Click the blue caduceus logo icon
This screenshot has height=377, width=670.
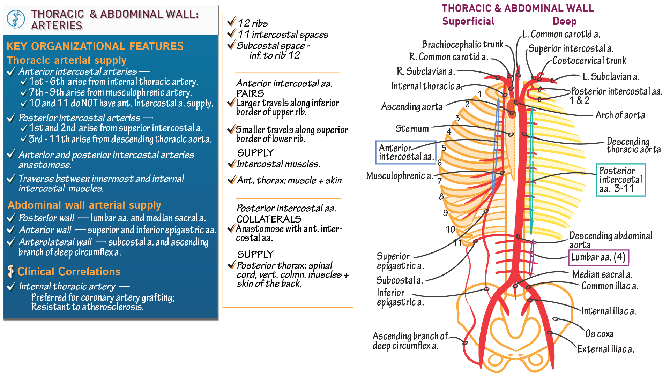click(16, 19)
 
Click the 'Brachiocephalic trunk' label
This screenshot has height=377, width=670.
click(462, 45)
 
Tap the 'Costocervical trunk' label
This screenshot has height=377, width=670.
click(589, 61)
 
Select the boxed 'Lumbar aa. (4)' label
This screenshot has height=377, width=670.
click(598, 257)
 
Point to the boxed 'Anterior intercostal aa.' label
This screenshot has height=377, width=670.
click(405, 152)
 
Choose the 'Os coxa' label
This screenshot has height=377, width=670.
click(599, 334)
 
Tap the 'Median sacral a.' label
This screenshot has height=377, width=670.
click(602, 275)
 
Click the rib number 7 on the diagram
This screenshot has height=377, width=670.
click(439, 181)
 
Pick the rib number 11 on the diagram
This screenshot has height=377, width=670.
click(457, 243)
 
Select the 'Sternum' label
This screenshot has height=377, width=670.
click(412, 129)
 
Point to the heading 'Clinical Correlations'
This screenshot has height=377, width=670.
click(69, 272)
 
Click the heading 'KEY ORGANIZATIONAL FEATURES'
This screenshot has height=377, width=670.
click(95, 46)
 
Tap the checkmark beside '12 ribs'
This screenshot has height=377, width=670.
click(231, 22)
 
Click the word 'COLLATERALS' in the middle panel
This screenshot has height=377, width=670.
click(269, 219)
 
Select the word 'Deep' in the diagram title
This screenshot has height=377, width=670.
click(564, 22)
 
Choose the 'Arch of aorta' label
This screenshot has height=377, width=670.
click(620, 115)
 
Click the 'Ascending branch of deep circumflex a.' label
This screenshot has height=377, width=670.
click(410, 341)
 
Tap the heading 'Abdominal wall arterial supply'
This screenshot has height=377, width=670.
click(84, 205)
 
